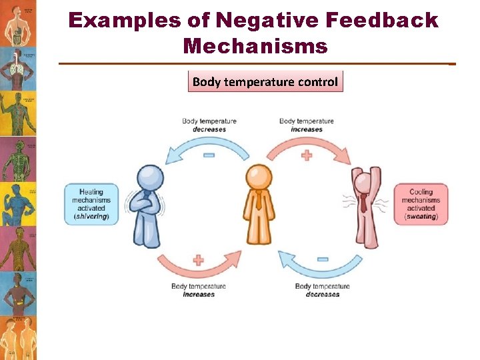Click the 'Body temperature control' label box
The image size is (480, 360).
coord(265,82)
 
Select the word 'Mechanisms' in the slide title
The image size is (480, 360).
coord(255,46)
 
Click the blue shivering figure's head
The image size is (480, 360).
coord(150,178)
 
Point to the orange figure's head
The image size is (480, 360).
coord(259,177)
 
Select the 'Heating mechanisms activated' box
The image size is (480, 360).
coord(91,204)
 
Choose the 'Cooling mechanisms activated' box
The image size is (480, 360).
coord(421,204)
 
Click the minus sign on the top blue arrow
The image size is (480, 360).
coord(209,155)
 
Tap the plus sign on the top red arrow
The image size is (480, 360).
coord(307,155)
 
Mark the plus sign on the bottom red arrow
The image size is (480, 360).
coord(199,260)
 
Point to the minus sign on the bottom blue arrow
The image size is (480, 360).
coord(321,259)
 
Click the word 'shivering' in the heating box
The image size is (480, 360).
coord(91,217)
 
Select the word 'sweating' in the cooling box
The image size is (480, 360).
coord(421,217)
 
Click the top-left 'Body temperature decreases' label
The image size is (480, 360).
coord(209,125)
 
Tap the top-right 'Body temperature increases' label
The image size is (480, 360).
coord(307,125)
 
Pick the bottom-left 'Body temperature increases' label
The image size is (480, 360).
coord(199,290)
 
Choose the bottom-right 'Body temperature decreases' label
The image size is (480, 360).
coord(322,290)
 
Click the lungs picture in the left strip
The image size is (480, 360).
coord(18,67)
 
